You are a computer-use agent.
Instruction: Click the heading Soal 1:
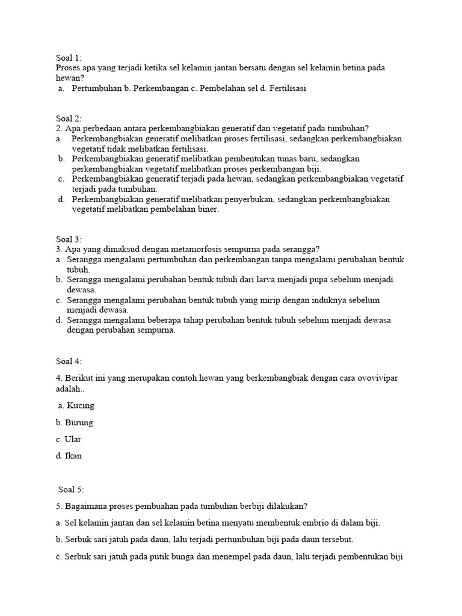(68, 58)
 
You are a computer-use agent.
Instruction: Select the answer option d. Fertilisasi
(282, 88)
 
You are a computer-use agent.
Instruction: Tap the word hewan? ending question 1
(70, 78)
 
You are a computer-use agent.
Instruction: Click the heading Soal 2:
(68, 119)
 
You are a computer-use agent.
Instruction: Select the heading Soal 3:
(68, 239)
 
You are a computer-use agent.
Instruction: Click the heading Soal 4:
(68, 361)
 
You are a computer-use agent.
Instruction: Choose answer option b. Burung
(74, 422)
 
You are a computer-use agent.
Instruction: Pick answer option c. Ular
(68, 439)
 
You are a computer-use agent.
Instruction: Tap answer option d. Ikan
(68, 456)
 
